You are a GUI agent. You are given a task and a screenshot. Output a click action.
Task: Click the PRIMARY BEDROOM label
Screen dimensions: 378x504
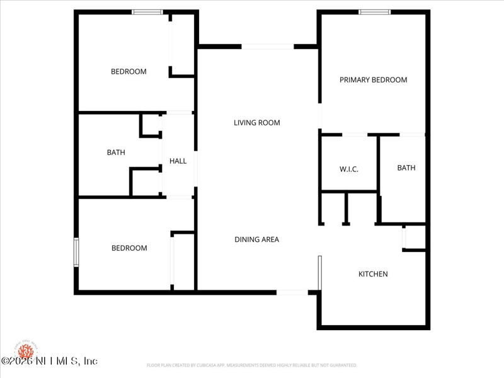[x=373, y=80]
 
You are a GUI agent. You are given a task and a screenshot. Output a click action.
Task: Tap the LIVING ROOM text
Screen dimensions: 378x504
[x=256, y=123]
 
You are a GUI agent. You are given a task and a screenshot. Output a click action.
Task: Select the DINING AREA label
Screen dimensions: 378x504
[x=256, y=239]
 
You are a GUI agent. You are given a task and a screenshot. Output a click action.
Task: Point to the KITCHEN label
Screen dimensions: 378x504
[x=373, y=274]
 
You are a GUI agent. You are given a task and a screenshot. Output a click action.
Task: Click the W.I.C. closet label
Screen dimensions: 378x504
[x=348, y=169]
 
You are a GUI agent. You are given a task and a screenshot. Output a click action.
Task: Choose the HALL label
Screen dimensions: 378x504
[x=178, y=161]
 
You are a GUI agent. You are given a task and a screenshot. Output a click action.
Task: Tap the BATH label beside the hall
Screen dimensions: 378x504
[x=116, y=152]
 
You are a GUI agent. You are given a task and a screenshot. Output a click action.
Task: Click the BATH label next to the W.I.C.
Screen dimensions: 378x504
[x=406, y=168]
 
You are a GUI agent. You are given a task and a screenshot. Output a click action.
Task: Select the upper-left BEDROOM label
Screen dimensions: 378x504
[x=129, y=72]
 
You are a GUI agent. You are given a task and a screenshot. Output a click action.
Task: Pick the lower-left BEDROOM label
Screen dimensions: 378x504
[x=129, y=248]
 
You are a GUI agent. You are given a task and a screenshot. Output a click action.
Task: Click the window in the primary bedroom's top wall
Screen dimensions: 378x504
[x=374, y=12]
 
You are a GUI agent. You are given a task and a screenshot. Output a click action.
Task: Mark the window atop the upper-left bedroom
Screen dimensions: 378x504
[x=147, y=12]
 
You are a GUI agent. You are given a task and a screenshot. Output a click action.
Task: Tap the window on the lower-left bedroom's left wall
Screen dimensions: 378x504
[x=76, y=252]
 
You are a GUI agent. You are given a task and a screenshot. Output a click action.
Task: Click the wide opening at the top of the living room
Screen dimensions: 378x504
[x=267, y=46]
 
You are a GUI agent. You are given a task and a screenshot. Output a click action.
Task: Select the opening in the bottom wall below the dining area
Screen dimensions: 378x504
[x=292, y=292]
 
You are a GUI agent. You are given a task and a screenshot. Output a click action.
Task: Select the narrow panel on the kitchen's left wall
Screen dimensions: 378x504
[x=320, y=273]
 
